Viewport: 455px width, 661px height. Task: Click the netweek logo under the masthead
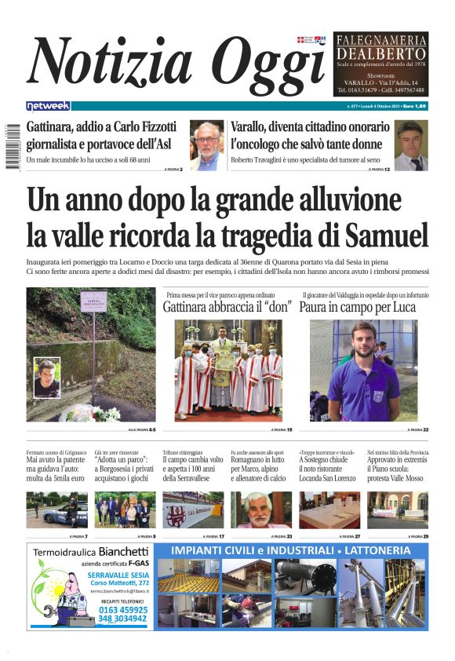click(x=48, y=106)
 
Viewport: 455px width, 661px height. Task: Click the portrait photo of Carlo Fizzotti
click(x=206, y=145)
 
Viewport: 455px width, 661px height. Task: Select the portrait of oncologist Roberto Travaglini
click(x=409, y=145)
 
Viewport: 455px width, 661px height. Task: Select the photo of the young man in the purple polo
click(x=363, y=371)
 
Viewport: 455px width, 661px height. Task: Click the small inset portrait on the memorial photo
click(x=47, y=378)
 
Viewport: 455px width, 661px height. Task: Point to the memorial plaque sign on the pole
click(x=93, y=301)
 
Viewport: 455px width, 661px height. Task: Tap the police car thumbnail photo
click(x=56, y=509)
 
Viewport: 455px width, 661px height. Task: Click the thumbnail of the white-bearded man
click(x=261, y=509)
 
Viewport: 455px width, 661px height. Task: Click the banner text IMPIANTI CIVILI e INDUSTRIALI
click(x=291, y=550)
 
